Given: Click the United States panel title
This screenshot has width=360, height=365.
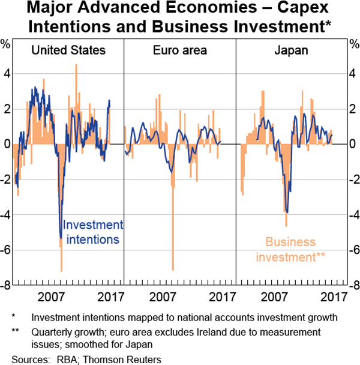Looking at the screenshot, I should click(68, 50).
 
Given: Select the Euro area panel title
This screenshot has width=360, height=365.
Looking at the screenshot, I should click(179, 50).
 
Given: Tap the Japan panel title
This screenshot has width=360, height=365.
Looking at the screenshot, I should click(291, 50).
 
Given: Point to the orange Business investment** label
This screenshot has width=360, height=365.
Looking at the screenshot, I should click(291, 250).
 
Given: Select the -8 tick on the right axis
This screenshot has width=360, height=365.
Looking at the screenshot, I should click(353, 286).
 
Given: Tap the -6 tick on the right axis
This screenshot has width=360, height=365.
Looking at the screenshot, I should click(353, 250).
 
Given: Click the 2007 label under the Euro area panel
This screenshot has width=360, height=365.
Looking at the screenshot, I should click(162, 296).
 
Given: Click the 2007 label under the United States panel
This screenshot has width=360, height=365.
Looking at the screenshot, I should click(50, 296).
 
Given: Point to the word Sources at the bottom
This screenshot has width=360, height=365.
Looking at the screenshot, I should click(29, 358).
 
